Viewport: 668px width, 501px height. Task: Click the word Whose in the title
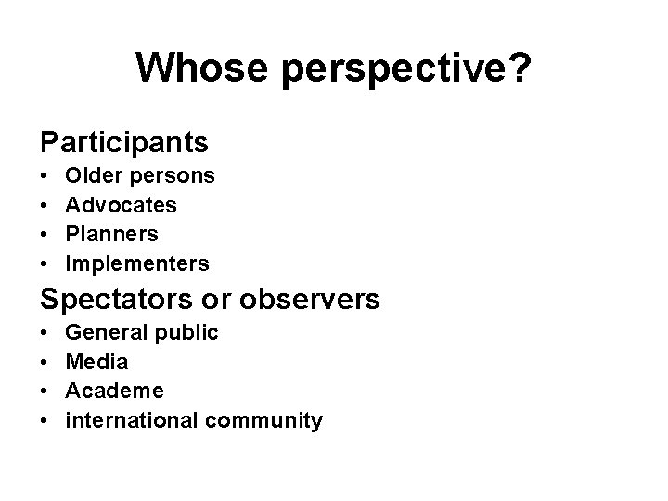click(195, 68)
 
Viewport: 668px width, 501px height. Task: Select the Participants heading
click(123, 143)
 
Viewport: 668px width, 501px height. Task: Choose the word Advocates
click(121, 204)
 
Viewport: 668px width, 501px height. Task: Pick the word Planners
click(111, 234)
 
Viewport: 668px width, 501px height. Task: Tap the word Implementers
click(136, 264)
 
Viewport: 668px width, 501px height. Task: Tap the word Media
click(96, 361)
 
